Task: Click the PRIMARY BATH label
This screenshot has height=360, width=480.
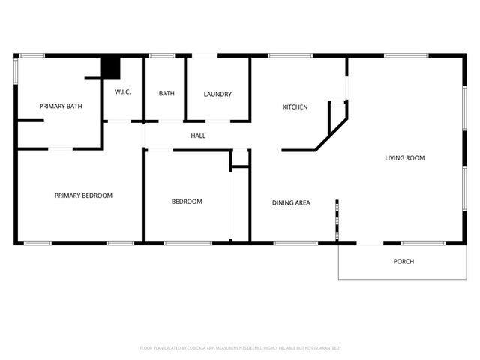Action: click(61, 106)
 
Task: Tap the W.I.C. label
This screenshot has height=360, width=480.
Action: click(123, 92)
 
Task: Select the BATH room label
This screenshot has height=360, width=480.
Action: click(166, 94)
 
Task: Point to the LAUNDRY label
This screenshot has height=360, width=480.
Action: click(217, 94)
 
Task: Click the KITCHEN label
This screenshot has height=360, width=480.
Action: click(295, 107)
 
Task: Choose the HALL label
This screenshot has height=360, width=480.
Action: click(198, 136)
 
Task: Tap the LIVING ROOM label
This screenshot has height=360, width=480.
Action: click(405, 158)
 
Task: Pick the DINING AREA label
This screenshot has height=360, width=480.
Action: click(291, 202)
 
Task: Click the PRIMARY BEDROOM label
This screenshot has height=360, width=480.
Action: click(83, 196)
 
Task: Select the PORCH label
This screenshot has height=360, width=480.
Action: click(403, 262)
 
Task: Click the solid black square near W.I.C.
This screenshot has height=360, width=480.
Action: click(111, 67)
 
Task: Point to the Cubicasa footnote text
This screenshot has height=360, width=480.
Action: click(240, 348)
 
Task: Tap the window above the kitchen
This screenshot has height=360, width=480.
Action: click(290, 55)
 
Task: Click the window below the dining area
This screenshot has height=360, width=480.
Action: click(295, 242)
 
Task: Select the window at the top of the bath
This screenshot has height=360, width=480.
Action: click(162, 55)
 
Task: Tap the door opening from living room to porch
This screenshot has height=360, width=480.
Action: click(370, 242)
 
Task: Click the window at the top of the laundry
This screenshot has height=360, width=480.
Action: click(205, 55)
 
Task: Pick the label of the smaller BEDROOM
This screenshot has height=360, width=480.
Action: click(187, 202)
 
